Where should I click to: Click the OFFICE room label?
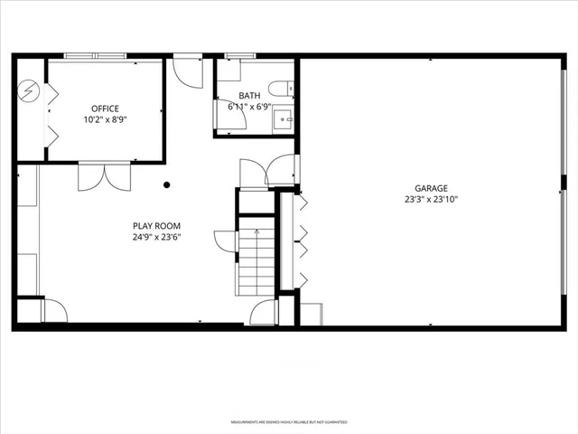click(x=105, y=108)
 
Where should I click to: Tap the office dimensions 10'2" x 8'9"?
click(x=105, y=119)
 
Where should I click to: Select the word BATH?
click(x=249, y=96)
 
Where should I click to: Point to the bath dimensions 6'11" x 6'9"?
click(x=249, y=107)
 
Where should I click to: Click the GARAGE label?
click(x=432, y=188)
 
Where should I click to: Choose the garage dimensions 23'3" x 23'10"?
click(x=432, y=200)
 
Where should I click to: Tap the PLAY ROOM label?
click(x=157, y=226)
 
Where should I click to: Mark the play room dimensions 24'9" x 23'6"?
click(x=157, y=238)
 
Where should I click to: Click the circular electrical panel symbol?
click(x=29, y=90)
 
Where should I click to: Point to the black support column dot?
click(x=167, y=185)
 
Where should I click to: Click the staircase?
click(x=256, y=261)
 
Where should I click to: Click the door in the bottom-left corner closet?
click(x=54, y=310)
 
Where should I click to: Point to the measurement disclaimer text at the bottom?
click(x=289, y=422)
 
